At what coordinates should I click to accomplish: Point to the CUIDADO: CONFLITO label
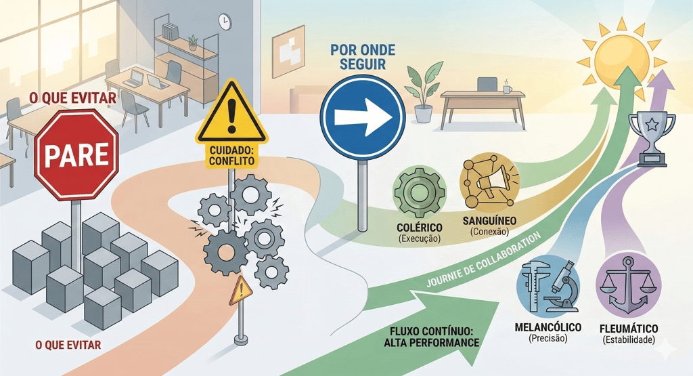231,156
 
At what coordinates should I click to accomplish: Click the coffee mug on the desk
507,88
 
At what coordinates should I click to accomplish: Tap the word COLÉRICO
420,227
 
